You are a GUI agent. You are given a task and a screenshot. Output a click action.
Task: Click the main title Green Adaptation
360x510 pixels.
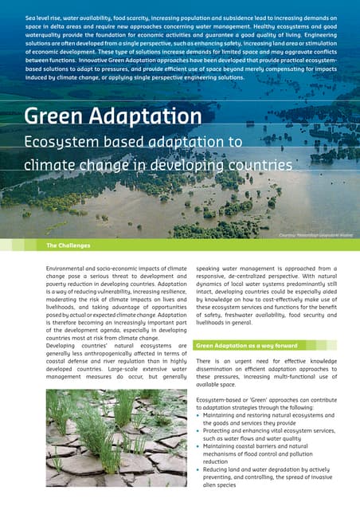click(112, 116)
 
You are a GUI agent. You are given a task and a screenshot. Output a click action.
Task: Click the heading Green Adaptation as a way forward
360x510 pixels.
click(246, 346)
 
